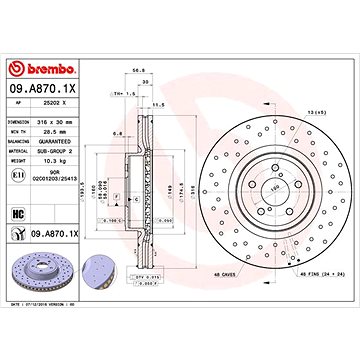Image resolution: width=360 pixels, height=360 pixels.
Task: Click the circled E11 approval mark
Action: (19, 175)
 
